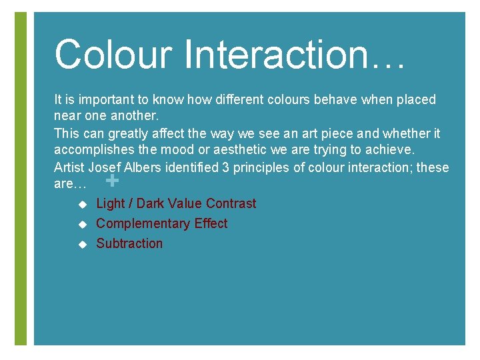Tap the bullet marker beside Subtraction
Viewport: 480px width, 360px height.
point(83,244)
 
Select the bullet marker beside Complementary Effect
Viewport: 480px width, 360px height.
point(83,224)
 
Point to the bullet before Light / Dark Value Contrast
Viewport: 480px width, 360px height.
point(83,204)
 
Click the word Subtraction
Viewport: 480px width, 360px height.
point(129,243)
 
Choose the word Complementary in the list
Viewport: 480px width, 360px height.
point(137,223)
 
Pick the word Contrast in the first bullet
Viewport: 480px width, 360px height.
point(231,203)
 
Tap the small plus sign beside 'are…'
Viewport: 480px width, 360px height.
point(113,181)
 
